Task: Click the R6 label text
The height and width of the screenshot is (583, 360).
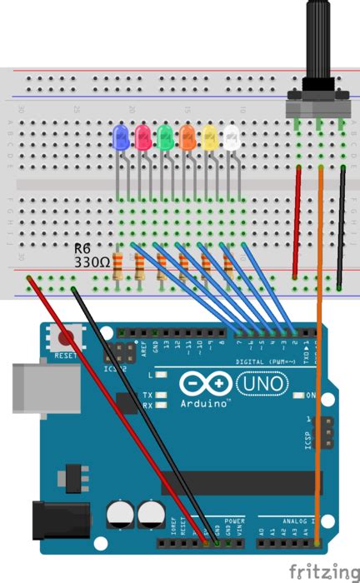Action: pos(83,248)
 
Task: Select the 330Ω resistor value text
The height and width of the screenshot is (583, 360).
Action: pos(92,262)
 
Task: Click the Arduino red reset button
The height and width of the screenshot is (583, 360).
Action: pos(65,339)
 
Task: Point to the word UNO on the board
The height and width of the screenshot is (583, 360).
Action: pos(262,384)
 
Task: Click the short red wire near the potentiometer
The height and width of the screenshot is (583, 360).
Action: pos(297,221)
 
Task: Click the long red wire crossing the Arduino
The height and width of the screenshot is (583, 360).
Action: pos(117,408)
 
